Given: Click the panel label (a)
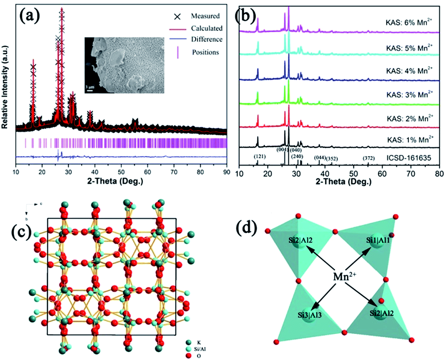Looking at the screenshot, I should (30, 15).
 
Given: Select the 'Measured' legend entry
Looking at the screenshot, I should (205, 16).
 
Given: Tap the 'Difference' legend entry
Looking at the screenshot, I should (206, 39).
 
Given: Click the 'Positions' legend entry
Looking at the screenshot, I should (205, 52).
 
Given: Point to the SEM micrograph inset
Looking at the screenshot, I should (124, 65).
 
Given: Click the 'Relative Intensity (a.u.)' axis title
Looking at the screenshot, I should (5, 87).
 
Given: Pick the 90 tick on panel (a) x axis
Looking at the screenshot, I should (226, 172).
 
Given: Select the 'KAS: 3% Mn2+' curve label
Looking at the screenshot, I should (409, 94).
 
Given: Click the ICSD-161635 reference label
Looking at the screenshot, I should (408, 158).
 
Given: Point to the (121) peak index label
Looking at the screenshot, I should (260, 157).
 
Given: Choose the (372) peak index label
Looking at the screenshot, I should (369, 158).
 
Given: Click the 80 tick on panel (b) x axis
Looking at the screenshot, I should (439, 174).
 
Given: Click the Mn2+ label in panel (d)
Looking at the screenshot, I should (344, 276).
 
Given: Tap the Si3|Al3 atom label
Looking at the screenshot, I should (310, 315).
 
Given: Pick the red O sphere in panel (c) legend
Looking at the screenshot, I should (188, 356).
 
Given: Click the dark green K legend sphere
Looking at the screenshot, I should (188, 342).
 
